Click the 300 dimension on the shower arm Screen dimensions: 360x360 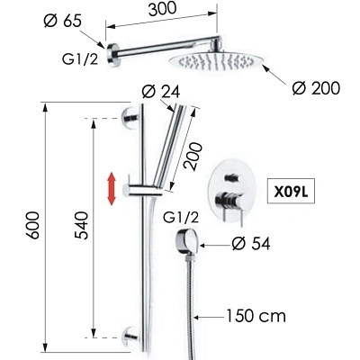163,9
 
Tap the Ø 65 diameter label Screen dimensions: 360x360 62,22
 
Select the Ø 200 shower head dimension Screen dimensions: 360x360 316,88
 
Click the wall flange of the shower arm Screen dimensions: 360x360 113,55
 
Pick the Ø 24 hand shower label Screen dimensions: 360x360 161,92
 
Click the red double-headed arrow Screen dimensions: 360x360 112,189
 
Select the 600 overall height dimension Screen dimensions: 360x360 32,225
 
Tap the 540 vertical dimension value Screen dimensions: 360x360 82,225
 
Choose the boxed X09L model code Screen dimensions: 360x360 291,193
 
